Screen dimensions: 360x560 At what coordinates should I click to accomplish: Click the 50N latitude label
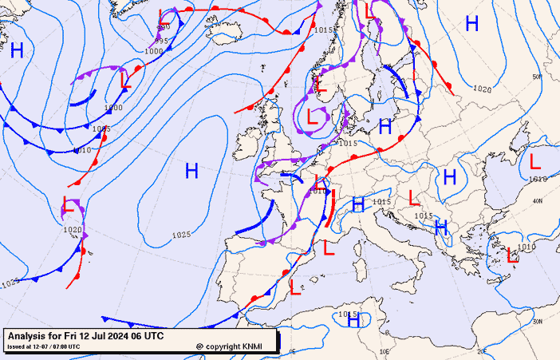537,77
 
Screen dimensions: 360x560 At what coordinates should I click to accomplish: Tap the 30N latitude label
537,321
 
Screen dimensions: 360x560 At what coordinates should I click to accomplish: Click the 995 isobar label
161,41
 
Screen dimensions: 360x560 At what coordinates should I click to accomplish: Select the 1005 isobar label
101,129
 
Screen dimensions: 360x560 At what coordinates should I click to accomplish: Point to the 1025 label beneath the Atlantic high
181,235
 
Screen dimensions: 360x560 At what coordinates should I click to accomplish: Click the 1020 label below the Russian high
482,89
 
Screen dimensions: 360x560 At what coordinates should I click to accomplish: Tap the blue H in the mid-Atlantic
191,170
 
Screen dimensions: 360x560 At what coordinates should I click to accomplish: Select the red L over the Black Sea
534,161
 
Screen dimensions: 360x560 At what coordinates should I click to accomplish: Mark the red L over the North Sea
314,116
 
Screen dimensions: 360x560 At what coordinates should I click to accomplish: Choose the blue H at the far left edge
17,51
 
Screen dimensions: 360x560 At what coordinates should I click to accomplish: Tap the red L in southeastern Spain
295,287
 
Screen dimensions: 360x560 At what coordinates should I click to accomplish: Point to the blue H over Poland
385,126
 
